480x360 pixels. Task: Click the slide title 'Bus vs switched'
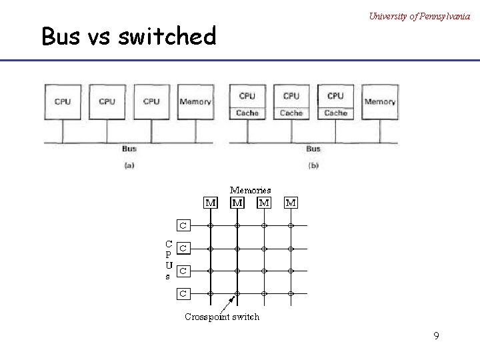click(x=129, y=36)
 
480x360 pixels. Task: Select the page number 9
click(x=436, y=336)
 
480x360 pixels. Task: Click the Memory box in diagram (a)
click(x=195, y=101)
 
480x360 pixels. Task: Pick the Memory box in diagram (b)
click(x=380, y=101)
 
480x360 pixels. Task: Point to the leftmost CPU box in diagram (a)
click(x=62, y=101)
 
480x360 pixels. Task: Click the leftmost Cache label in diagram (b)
click(x=247, y=113)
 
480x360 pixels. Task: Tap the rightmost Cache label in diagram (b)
click(x=335, y=113)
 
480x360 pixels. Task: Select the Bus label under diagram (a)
click(x=129, y=149)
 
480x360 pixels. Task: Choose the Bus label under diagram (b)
click(x=313, y=149)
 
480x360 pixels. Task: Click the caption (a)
click(x=129, y=165)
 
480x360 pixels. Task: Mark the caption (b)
click(x=313, y=165)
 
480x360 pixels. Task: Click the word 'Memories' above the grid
click(x=251, y=190)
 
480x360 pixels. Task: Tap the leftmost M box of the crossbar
click(x=210, y=202)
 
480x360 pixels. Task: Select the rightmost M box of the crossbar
click(x=291, y=202)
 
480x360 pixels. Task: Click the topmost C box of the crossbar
click(x=183, y=225)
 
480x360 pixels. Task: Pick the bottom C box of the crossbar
click(x=183, y=293)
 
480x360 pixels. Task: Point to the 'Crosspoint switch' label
click(x=222, y=317)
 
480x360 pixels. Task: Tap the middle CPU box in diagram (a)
click(x=107, y=101)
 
